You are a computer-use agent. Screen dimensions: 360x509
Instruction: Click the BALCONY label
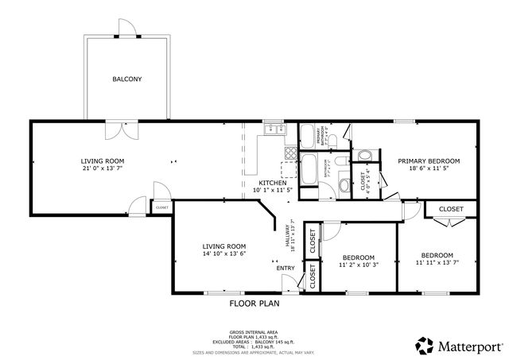point(127,79)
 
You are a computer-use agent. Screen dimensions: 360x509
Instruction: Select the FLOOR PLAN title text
point(254,304)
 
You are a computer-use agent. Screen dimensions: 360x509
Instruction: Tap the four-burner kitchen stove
point(288,168)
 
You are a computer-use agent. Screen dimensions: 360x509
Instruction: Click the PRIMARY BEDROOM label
point(429,161)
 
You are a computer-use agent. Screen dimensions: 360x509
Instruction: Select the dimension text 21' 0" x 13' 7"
point(103,168)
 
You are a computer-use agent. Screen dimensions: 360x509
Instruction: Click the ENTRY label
point(286,268)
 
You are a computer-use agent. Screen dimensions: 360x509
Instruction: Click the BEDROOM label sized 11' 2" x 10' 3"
point(359,257)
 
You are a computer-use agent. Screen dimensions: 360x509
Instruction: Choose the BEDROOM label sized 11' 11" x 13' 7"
point(437,255)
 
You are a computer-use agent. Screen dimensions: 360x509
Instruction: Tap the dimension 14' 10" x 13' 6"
point(223,254)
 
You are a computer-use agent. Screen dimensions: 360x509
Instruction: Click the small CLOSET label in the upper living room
point(161,207)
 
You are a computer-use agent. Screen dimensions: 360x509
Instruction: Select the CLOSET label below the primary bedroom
point(451,209)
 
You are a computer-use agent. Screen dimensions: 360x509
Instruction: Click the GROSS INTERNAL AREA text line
point(254,332)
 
